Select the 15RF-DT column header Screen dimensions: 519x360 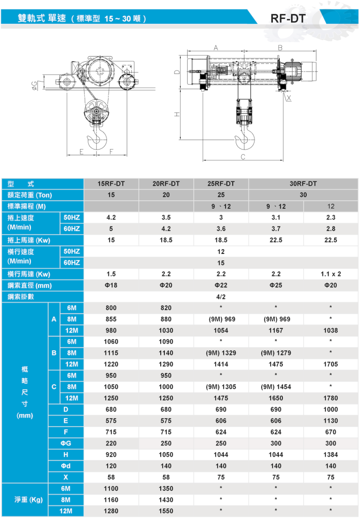[x=111, y=183]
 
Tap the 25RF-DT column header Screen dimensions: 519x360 [x=221, y=183]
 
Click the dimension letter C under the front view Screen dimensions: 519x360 [x=243, y=157]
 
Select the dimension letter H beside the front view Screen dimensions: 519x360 [x=177, y=115]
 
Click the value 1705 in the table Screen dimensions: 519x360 [x=331, y=364]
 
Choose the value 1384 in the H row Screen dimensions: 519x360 [x=331, y=455]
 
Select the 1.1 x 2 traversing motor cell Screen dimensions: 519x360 [x=331, y=274]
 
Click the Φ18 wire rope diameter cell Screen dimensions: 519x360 [x=111, y=285]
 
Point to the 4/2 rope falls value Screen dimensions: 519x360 [x=221, y=296]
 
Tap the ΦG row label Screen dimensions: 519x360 [x=65, y=443]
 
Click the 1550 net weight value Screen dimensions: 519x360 [x=166, y=511]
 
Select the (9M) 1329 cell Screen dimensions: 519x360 [x=221, y=353]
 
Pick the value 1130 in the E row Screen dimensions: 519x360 [x=331, y=421]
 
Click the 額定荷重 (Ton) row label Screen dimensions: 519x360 [x=30, y=195]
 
